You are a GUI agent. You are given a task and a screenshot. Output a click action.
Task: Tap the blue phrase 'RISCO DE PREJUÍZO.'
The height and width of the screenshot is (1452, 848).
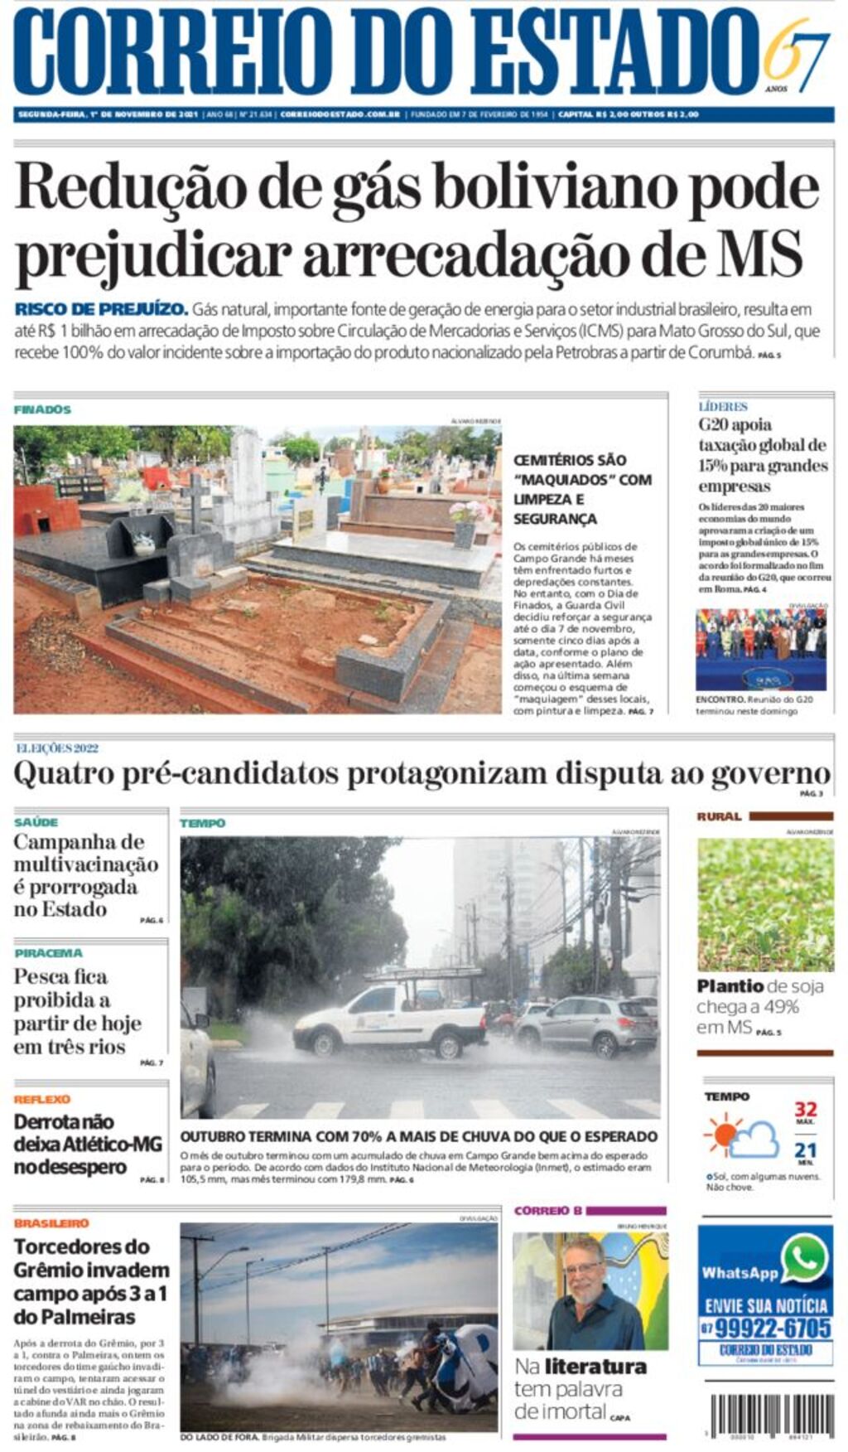click(101, 309)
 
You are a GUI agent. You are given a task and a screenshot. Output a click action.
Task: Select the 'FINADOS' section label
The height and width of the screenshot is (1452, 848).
click(42, 409)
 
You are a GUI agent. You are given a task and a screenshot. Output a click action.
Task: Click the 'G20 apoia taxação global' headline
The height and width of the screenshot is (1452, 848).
click(762, 456)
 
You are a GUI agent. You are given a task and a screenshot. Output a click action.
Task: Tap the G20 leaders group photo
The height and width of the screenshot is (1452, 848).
click(760, 649)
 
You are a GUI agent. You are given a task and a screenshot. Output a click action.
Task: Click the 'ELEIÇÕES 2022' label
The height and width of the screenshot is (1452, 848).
click(57, 748)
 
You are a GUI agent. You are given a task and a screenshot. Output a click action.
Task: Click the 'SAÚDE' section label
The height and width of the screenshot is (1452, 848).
click(36, 822)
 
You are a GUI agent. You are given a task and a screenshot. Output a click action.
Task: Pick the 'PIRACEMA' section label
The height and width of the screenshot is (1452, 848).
click(48, 953)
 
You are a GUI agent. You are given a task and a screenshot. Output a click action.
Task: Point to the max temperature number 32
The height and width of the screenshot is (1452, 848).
click(805, 1109)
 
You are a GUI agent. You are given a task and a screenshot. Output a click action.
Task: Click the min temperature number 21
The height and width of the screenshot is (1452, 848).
click(805, 1150)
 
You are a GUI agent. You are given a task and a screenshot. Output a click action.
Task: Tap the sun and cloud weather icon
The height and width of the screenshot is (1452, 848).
click(741, 1136)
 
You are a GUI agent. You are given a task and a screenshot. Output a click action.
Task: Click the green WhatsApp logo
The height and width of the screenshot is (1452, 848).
click(804, 1259)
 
